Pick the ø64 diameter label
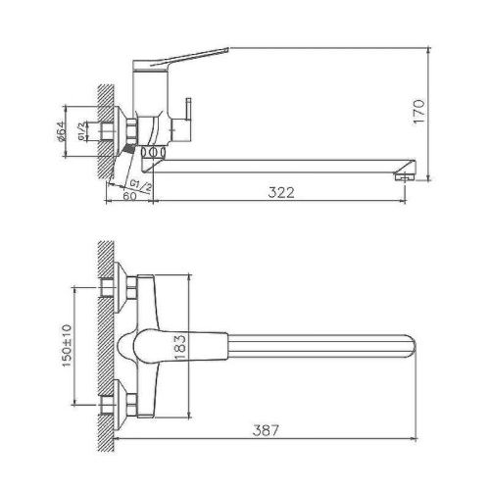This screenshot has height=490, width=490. pos(61,129)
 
